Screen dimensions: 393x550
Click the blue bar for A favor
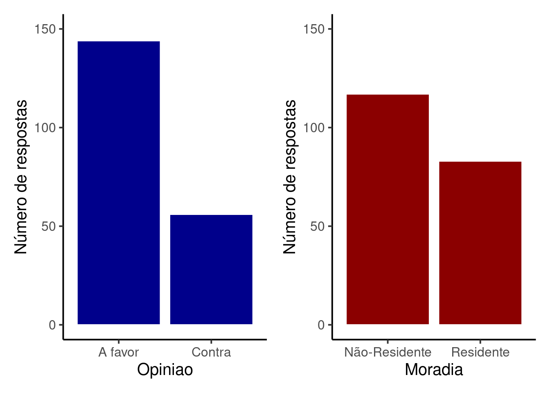pyautogui.click(x=119, y=183)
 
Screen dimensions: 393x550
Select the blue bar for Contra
pyautogui.click(x=211, y=269)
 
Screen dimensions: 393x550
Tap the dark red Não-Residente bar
pyautogui.click(x=388, y=209)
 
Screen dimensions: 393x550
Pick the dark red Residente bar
pyautogui.click(x=480, y=243)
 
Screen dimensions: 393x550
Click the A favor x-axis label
pyautogui.click(x=119, y=352)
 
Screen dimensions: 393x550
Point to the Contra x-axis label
pyautogui.click(x=211, y=352)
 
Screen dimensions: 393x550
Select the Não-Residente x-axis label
pyautogui.click(x=388, y=352)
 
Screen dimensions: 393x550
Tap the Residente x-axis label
pyautogui.click(x=480, y=352)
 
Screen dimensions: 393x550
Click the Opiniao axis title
pyautogui.click(x=165, y=370)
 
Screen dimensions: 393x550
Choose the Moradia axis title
pyautogui.click(x=434, y=370)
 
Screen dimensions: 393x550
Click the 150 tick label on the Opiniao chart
pyautogui.click(x=45, y=29)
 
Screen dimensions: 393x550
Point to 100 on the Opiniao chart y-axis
pyautogui.click(x=45, y=128)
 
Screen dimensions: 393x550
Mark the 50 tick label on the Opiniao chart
pyautogui.click(x=49, y=226)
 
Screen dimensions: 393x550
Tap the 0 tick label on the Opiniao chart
pyautogui.click(x=52, y=325)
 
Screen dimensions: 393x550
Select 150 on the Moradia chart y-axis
pyautogui.click(x=314, y=29)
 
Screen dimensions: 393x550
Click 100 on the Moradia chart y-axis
pyautogui.click(x=314, y=128)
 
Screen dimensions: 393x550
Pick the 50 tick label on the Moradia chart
pyautogui.click(x=318, y=226)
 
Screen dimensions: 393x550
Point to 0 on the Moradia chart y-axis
pyautogui.click(x=321, y=325)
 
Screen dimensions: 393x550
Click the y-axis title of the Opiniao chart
pyautogui.click(x=21, y=177)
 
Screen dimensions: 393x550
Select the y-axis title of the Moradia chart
pyautogui.click(x=290, y=177)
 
